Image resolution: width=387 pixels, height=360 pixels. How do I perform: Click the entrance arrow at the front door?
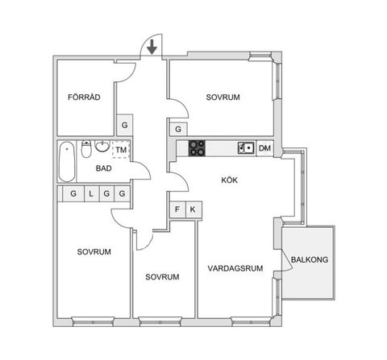[x=152, y=47]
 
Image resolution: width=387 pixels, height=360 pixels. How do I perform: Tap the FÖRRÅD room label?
[x=84, y=97]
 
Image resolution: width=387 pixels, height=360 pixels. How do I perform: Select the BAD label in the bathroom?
[x=104, y=168]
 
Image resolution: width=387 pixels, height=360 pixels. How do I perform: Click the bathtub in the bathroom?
[x=67, y=162]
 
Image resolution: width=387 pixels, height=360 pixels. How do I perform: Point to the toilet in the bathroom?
[x=86, y=149]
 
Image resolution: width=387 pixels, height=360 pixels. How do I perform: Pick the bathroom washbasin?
[x=102, y=146]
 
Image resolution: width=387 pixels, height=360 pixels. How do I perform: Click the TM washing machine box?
[x=121, y=149]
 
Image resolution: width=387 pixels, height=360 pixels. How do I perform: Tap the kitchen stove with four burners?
[x=197, y=148]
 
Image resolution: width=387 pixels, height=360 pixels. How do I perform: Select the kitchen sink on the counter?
[x=246, y=148]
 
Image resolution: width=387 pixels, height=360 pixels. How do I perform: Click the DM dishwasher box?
[x=264, y=148]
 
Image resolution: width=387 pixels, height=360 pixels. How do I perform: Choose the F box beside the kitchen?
[x=177, y=209]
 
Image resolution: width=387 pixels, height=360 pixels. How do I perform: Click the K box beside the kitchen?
[x=193, y=209]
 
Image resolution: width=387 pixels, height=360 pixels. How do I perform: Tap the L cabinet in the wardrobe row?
[x=92, y=193]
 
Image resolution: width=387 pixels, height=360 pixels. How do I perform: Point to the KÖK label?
[x=230, y=180]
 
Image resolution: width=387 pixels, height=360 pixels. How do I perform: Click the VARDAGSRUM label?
[x=235, y=268]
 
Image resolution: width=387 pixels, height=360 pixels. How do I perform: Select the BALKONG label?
[x=310, y=259]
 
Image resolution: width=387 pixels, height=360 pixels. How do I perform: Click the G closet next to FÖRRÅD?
[x=124, y=125]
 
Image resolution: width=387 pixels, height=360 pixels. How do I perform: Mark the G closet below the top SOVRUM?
[x=178, y=130]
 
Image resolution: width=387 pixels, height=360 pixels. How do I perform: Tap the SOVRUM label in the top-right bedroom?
[x=223, y=97]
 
